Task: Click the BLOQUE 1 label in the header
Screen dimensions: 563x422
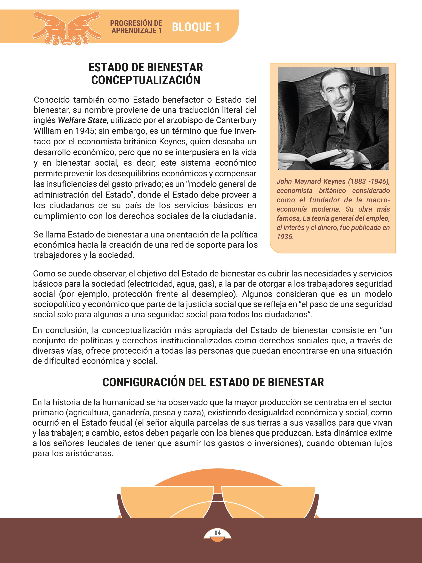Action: point(196,27)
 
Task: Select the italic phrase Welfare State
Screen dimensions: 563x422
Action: point(82,120)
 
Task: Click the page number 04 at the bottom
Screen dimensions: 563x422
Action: point(217,533)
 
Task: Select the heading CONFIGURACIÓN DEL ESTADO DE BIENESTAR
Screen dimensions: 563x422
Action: point(213,383)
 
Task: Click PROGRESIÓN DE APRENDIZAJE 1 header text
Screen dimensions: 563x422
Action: point(136,27)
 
